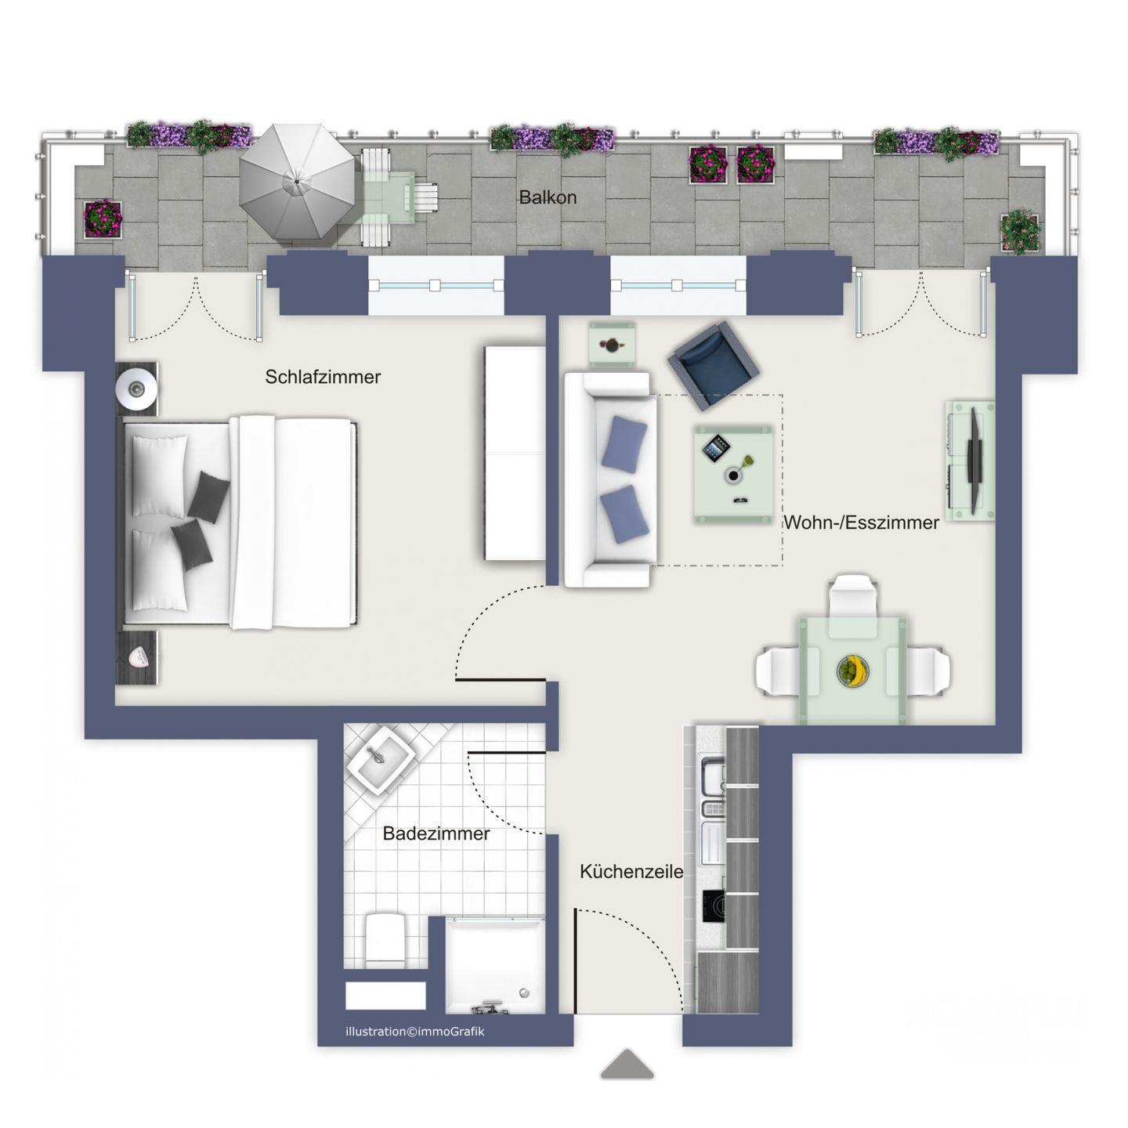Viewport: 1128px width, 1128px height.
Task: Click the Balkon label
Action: (x=548, y=197)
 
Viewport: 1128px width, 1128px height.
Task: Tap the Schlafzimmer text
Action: (x=323, y=376)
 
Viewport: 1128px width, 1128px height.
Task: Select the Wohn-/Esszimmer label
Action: (x=861, y=522)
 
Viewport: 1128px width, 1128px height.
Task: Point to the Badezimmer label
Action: (x=436, y=833)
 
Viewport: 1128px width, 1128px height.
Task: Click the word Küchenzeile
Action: (x=631, y=872)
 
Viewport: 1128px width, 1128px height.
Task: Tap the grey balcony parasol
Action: (x=297, y=181)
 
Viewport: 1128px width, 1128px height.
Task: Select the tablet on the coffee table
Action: (x=716, y=448)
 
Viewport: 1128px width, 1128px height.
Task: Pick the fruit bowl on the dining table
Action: (x=853, y=670)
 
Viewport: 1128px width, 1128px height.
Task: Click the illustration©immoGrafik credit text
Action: (x=415, y=1032)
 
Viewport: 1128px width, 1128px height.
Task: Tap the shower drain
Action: (x=524, y=992)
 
